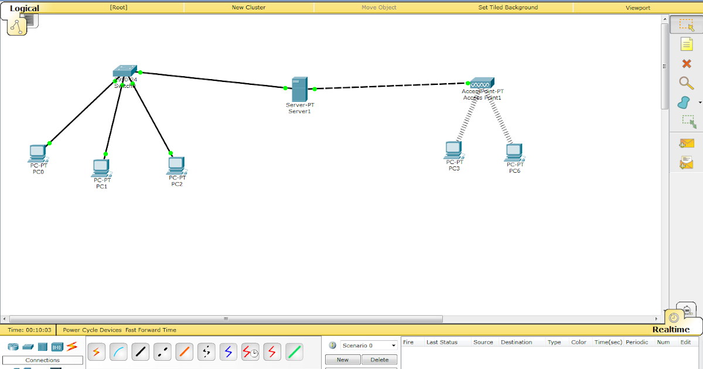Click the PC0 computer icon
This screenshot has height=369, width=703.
point(37,153)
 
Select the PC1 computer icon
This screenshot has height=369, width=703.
point(101,168)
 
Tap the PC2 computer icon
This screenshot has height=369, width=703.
point(176,166)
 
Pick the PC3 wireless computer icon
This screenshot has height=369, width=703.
point(453,150)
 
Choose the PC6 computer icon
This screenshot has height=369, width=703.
point(514,152)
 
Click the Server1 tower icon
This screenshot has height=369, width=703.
point(299,89)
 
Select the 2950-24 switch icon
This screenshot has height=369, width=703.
point(125,72)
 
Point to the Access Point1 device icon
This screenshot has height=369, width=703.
point(482,83)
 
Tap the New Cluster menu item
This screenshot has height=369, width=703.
point(248,8)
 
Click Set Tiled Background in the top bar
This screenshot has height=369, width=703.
point(508,8)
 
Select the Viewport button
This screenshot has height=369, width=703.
point(637,8)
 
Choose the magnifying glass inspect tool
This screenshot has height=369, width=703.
point(686,83)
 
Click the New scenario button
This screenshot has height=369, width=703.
point(343,360)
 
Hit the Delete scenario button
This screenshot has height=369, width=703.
point(379,360)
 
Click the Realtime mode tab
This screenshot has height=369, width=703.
point(671,330)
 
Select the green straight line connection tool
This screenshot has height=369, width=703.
point(294,352)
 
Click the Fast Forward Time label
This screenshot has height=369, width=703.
point(151,330)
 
